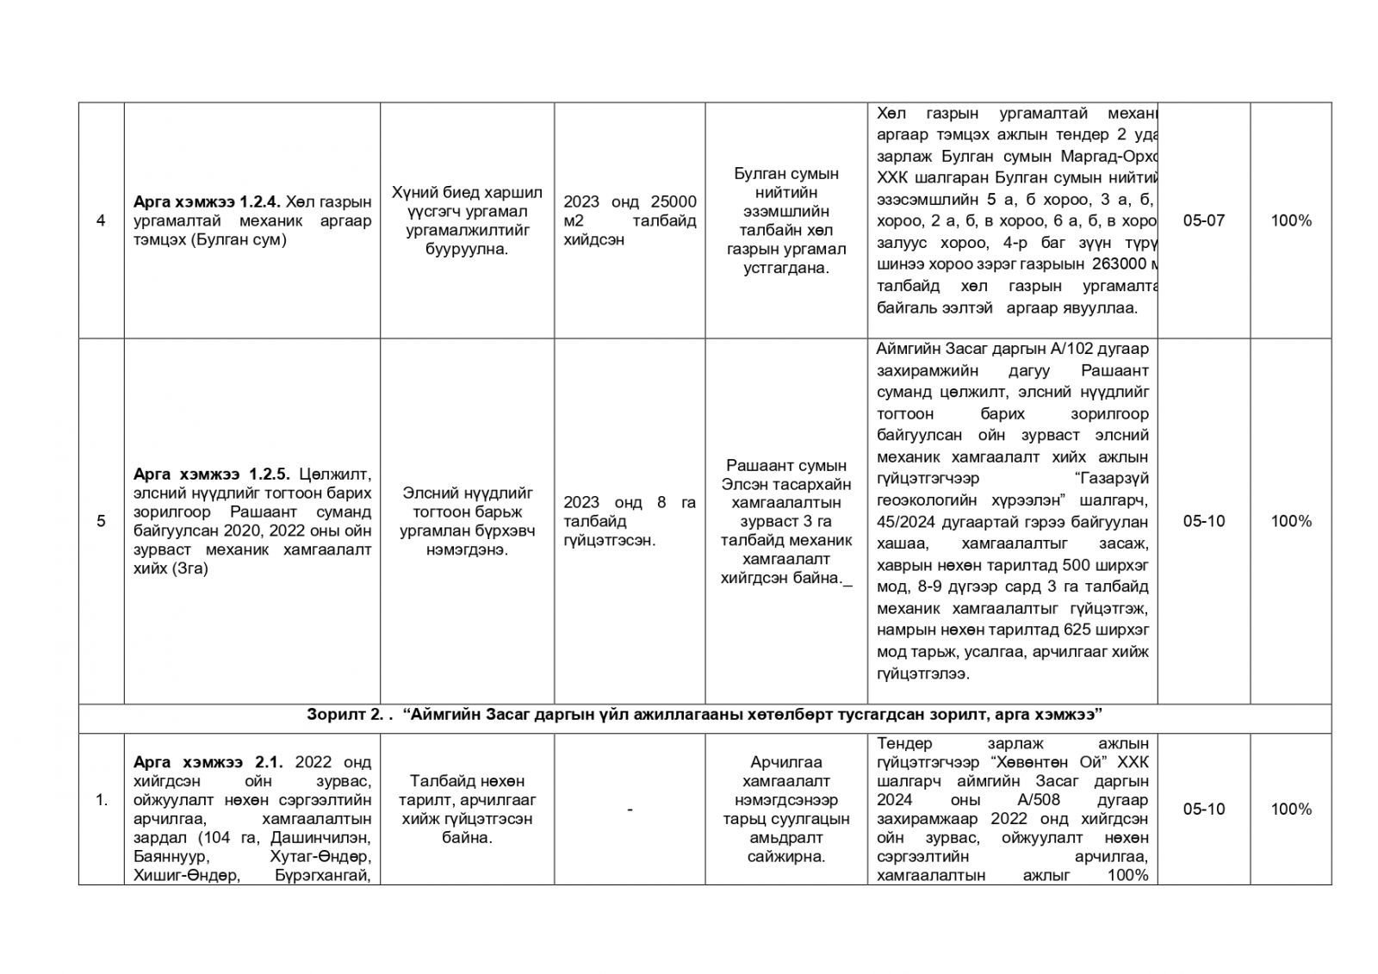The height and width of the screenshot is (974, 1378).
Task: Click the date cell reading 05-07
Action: click(1203, 220)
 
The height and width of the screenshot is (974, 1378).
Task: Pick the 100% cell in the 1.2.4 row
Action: click(1291, 220)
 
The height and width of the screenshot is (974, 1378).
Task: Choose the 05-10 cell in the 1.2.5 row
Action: click(1203, 521)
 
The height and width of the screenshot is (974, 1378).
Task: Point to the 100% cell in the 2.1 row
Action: click(1291, 809)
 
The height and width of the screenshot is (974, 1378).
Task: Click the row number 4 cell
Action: click(101, 220)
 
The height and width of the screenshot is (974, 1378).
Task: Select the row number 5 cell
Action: click(101, 521)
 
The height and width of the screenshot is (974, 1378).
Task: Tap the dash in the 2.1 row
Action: click(630, 809)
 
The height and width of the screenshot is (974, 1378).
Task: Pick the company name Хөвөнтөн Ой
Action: click(1049, 762)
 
